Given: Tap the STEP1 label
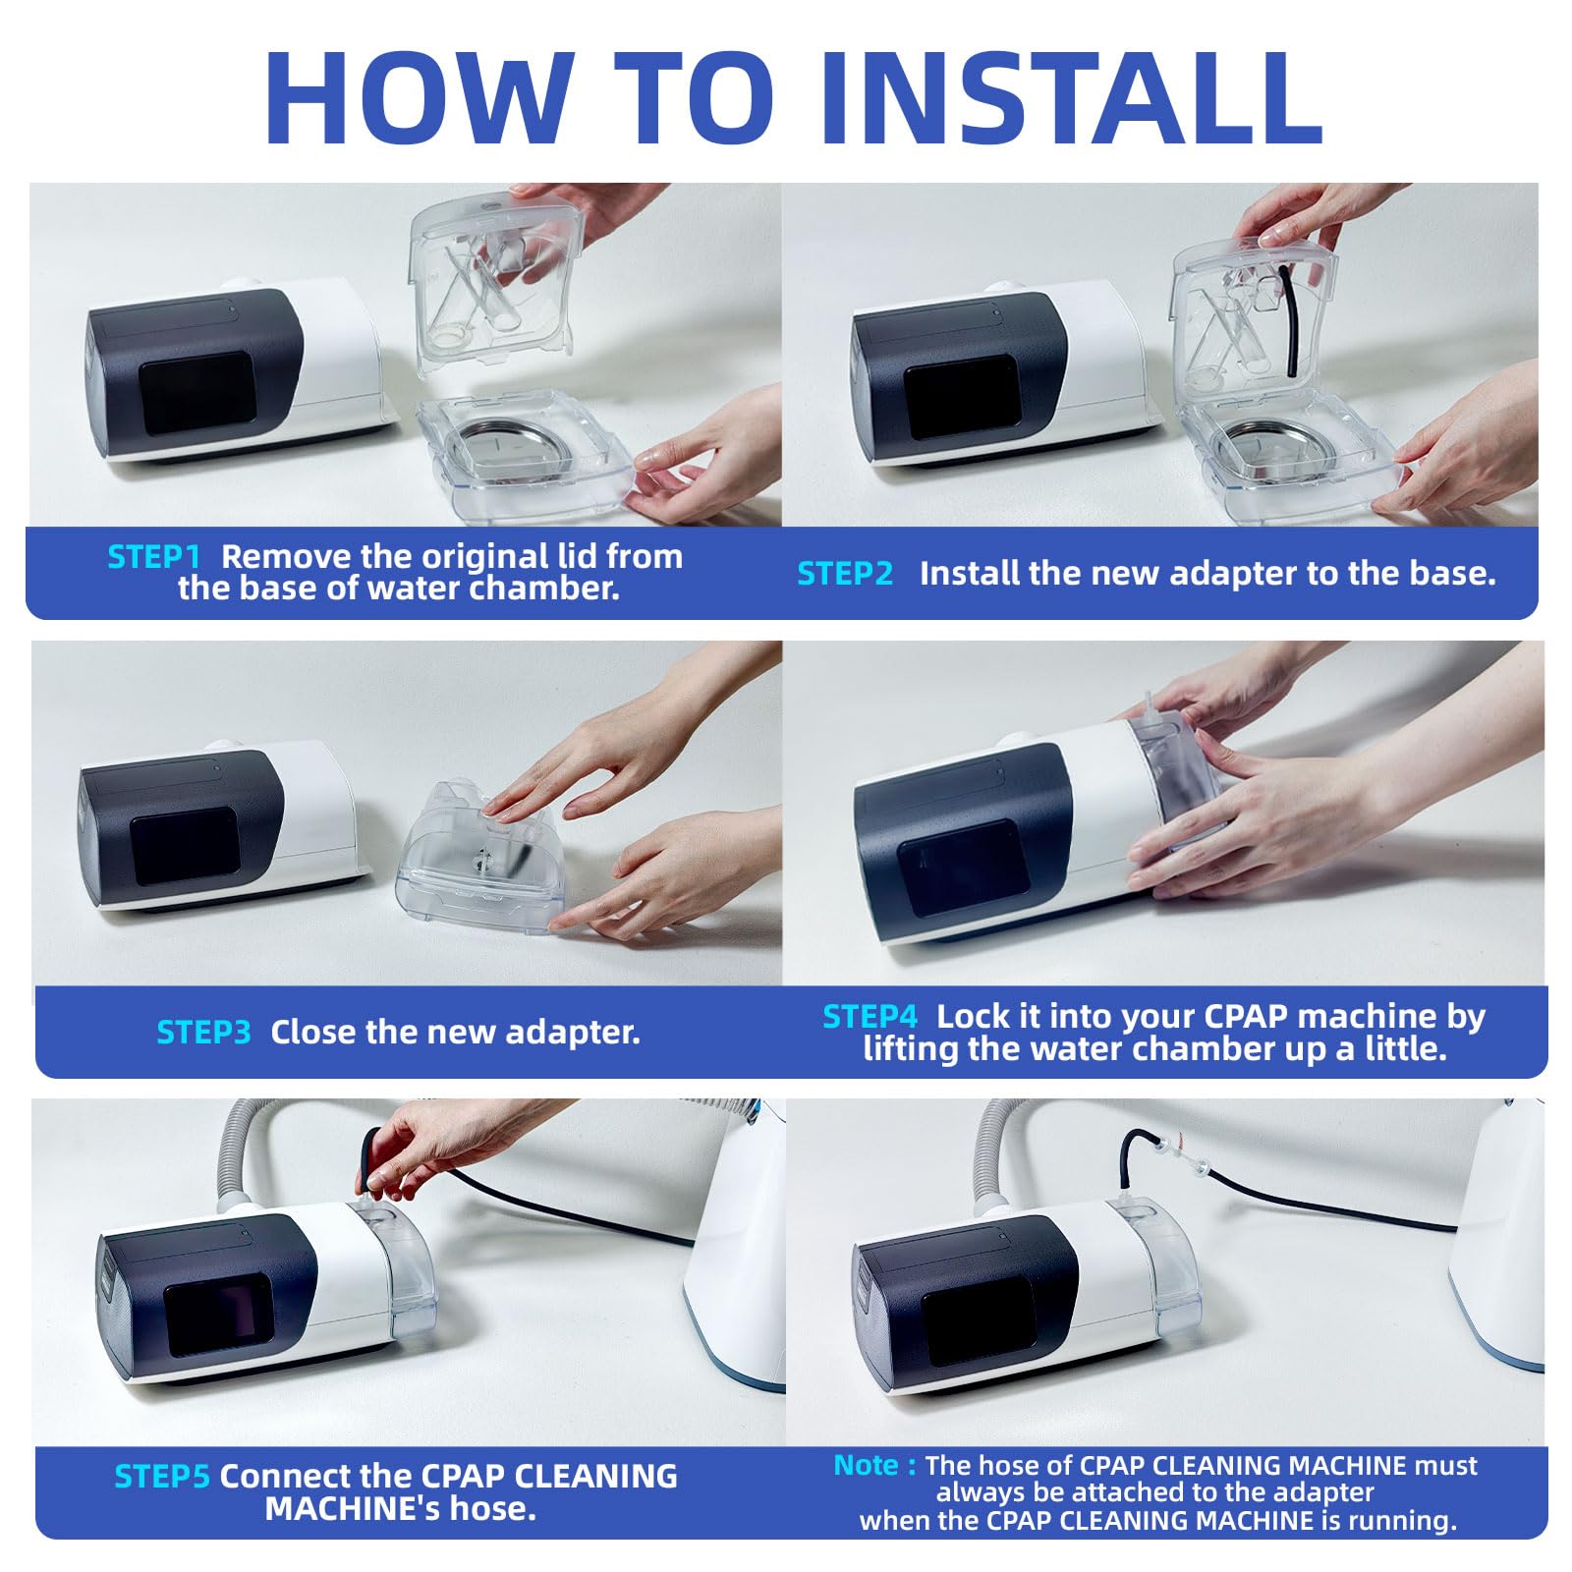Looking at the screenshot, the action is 154,557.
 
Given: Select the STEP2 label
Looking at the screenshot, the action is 845,574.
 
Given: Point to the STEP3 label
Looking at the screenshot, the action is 204,1033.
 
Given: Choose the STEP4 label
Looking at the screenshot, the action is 870,1017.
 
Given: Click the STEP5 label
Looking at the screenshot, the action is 162,1477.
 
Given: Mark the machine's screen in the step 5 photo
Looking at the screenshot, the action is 219,1318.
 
